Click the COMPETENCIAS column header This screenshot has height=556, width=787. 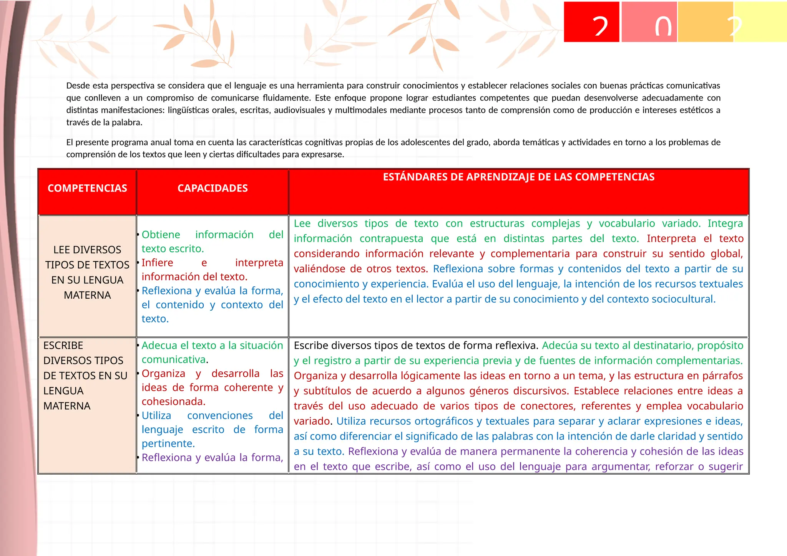pyautogui.click(x=87, y=188)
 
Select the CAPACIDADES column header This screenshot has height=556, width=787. pyautogui.click(x=213, y=188)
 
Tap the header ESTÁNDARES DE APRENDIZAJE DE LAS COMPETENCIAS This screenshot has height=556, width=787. pyautogui.click(x=519, y=177)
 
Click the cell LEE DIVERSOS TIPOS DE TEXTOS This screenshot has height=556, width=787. pyautogui.click(x=87, y=272)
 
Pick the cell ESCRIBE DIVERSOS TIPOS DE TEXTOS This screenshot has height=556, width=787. pyautogui.click(x=85, y=375)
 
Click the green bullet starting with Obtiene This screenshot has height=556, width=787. pyautogui.click(x=212, y=242)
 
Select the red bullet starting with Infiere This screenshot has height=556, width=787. pyautogui.click(x=212, y=270)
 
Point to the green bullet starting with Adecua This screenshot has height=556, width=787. pyautogui.click(x=212, y=352)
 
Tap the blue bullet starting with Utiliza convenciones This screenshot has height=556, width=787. pyautogui.click(x=212, y=429)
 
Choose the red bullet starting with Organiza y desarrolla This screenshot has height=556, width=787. pyautogui.click(x=212, y=387)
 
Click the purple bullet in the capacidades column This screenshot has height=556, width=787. pyautogui.click(x=212, y=457)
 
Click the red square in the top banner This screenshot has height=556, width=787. pyautogui.click(x=591, y=22)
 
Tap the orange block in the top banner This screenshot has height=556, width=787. pyautogui.click(x=705, y=22)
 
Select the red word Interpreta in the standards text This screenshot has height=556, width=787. pyautogui.click(x=671, y=238)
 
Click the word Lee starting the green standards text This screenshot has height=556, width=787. pyautogui.click(x=302, y=223)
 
